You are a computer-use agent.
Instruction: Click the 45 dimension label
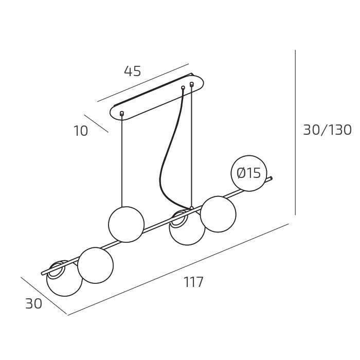tap(133, 71)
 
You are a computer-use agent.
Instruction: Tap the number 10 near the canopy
tap(81, 131)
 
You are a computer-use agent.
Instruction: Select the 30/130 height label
tap(328, 130)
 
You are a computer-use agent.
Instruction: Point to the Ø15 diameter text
tap(249, 173)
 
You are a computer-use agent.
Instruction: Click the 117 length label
tap(193, 282)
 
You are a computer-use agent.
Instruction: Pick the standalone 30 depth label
tap(33, 303)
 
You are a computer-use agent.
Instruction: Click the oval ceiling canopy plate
tap(157, 97)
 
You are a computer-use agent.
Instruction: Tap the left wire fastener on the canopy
tap(122, 113)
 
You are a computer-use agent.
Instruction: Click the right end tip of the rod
tap(272, 178)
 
